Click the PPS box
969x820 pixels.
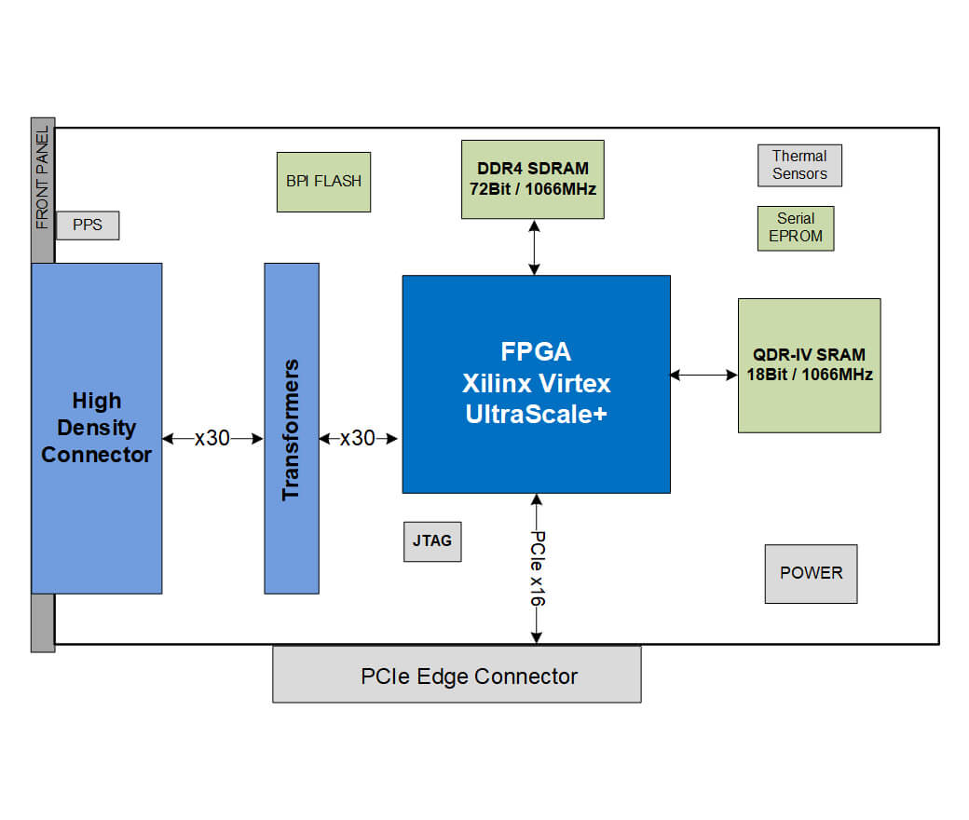point(88,225)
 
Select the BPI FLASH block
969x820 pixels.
point(323,182)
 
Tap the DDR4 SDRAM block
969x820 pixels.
point(532,179)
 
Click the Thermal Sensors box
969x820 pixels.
point(799,165)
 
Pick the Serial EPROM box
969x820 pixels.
point(796,228)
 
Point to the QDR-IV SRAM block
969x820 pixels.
point(809,365)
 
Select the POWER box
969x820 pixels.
point(811,573)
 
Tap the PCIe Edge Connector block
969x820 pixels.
point(457,675)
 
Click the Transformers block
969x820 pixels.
point(292,429)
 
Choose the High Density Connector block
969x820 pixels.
point(97,428)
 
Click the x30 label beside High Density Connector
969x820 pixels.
point(212,438)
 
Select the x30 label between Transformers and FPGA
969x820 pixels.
point(358,438)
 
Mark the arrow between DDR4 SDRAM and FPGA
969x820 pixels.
point(534,247)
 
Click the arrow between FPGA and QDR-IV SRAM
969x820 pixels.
point(703,376)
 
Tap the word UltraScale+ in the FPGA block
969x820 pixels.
point(536,415)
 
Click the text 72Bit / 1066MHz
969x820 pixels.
point(533,188)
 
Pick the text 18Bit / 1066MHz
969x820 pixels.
point(809,375)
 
